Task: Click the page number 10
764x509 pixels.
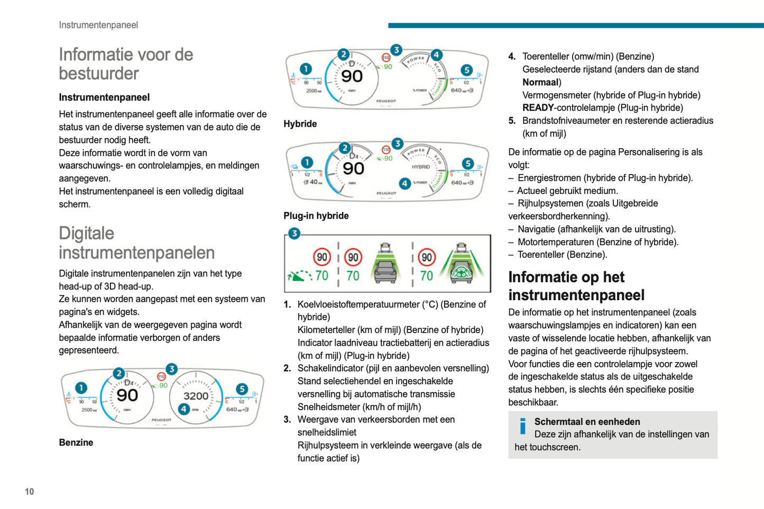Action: [x=29, y=492]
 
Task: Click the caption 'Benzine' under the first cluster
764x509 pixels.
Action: [x=76, y=442]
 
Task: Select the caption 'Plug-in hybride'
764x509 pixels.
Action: [x=316, y=216]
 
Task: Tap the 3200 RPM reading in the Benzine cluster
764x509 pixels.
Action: [x=196, y=396]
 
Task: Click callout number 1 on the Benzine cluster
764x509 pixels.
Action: [x=81, y=388]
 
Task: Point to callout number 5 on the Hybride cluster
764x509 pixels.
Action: [x=466, y=70]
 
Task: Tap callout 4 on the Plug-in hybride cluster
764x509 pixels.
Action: [x=404, y=183]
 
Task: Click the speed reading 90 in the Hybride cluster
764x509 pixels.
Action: [x=352, y=77]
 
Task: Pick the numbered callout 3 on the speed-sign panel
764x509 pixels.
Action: [x=294, y=234]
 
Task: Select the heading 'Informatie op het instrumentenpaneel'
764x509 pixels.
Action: [x=576, y=286]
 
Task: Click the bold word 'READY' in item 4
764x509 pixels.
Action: [x=538, y=108]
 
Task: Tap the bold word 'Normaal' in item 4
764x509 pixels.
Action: [x=540, y=82]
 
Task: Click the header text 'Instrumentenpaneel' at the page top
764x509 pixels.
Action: [x=98, y=25]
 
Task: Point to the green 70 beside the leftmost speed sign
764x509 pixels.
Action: [x=321, y=275]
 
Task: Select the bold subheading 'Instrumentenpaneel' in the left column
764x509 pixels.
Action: [x=104, y=97]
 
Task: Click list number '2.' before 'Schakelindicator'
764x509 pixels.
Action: [x=287, y=368]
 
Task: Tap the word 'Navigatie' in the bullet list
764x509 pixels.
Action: [x=536, y=229]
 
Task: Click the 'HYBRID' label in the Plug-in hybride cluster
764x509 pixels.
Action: [x=421, y=167]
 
